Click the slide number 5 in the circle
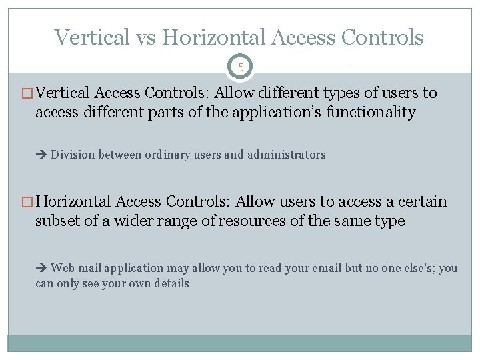pos(240,67)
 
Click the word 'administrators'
pos(286,155)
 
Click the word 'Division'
pos(73,155)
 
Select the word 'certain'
pos(418,201)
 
